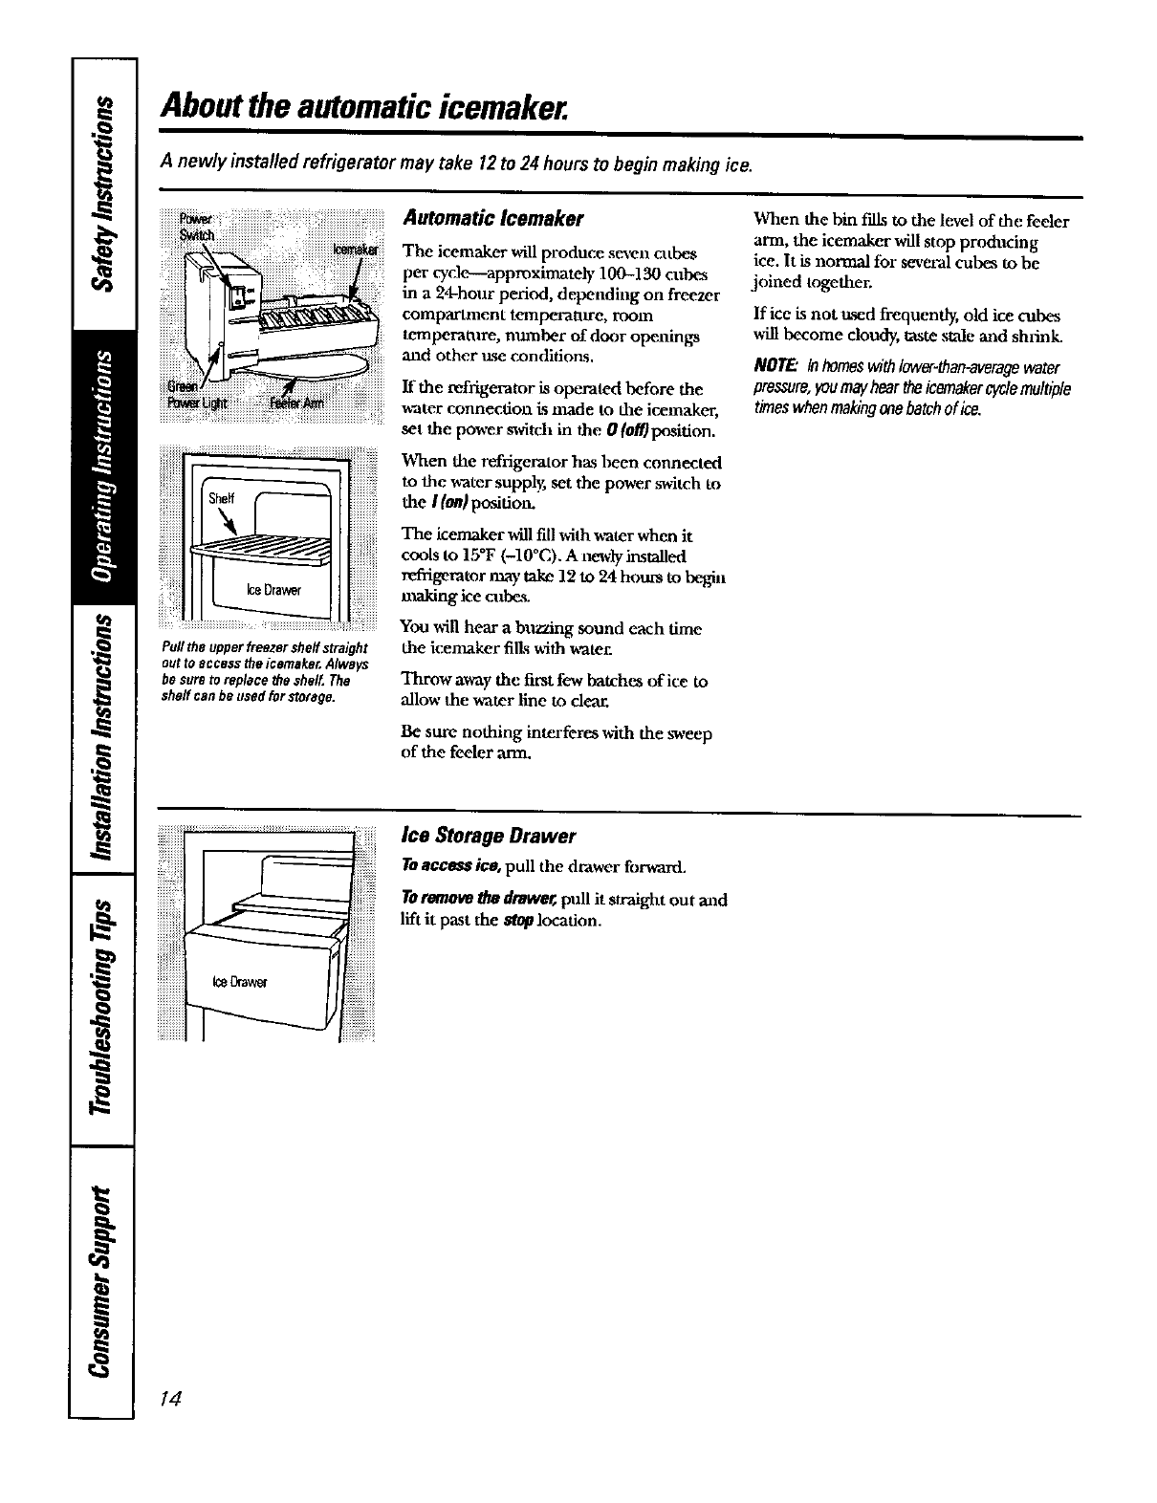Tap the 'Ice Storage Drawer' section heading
(x=488, y=836)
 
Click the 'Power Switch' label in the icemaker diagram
(x=202, y=222)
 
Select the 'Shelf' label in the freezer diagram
(x=221, y=496)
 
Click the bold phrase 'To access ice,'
(x=436, y=866)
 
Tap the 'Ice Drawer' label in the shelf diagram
(x=274, y=590)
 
